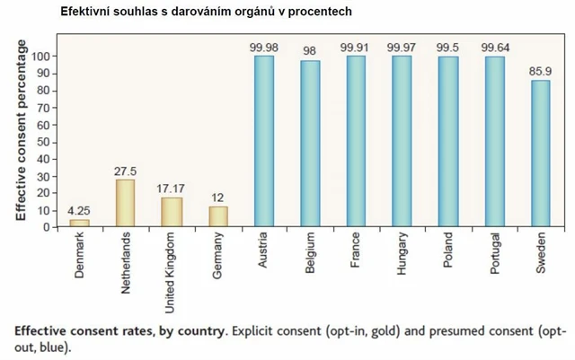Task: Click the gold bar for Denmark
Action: click(x=79, y=223)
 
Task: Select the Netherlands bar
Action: click(x=126, y=203)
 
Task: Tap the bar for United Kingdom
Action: click(x=172, y=212)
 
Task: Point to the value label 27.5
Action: click(x=126, y=171)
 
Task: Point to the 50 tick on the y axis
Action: click(x=42, y=141)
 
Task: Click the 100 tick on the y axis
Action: click(x=40, y=56)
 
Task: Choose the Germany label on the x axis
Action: click(x=218, y=256)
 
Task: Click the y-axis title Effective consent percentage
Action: click(x=20, y=130)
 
